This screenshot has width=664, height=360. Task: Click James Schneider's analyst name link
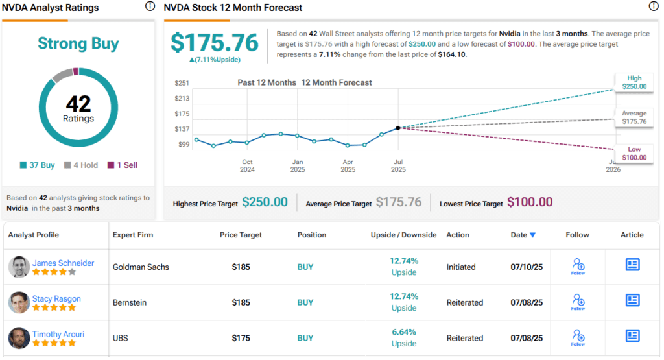point(63,263)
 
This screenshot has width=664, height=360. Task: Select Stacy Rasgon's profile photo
point(19,303)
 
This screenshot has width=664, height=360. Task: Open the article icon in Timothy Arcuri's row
point(632,335)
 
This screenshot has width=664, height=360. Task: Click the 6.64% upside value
point(403,332)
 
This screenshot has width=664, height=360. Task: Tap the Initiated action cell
point(461,267)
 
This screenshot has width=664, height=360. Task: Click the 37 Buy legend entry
point(38,165)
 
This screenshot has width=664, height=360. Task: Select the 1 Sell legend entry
point(122,165)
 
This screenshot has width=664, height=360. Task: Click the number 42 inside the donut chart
point(78,104)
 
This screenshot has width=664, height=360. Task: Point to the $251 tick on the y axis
point(182,83)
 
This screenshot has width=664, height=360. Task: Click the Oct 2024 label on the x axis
point(247,165)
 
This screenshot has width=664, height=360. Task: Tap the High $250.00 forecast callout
point(634,82)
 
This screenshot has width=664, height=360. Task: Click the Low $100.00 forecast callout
point(634,153)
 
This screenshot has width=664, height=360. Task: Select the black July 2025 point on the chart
point(397,128)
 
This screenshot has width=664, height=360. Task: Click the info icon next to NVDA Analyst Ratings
point(150,6)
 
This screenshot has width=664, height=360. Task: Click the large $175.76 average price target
point(215,42)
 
